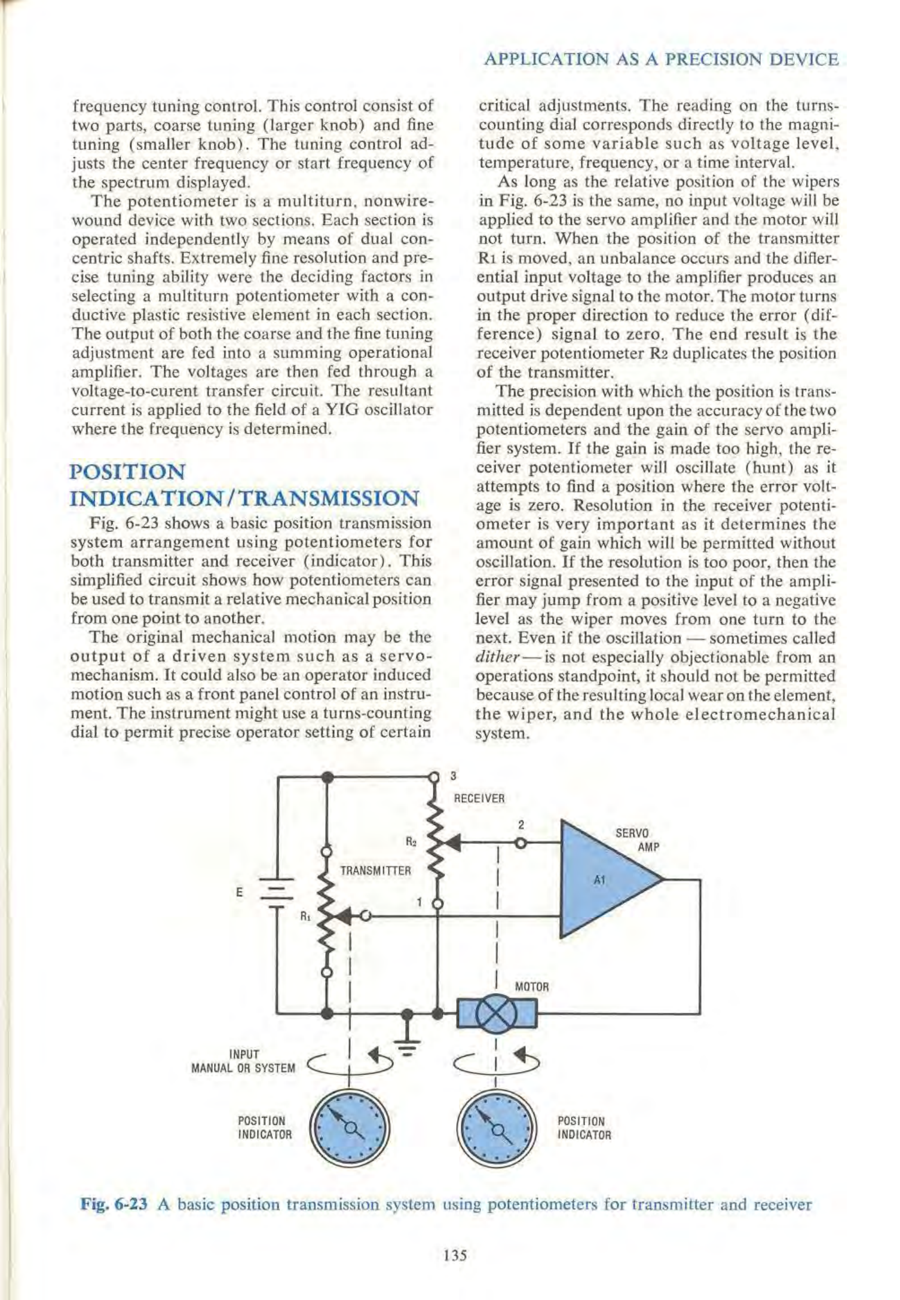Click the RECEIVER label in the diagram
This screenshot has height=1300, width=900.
point(479,798)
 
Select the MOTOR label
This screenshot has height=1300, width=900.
point(532,986)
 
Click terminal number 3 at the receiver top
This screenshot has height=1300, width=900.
point(453,776)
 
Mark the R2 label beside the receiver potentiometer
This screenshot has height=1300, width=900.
point(411,842)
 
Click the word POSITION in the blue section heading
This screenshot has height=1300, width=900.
point(127,472)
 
